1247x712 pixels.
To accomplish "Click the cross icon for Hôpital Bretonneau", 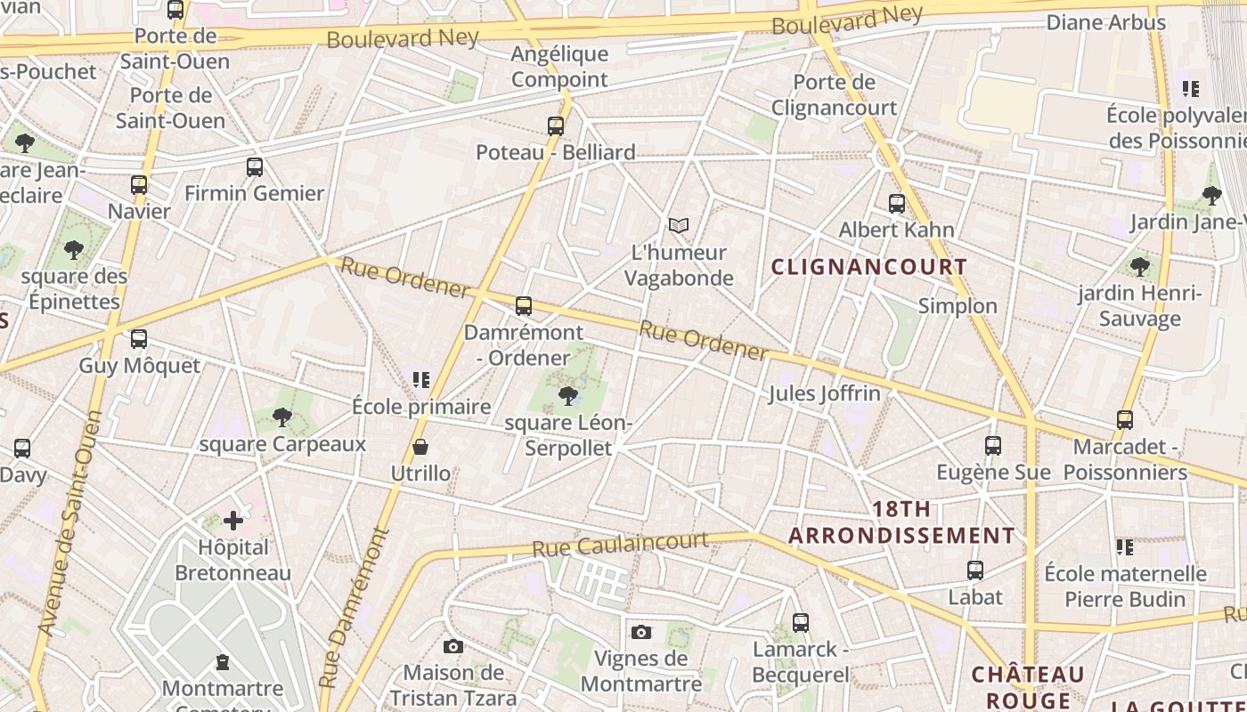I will point(233,520).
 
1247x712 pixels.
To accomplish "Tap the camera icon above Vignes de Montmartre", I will point(640,632).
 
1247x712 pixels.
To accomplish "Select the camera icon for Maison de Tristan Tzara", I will point(453,646).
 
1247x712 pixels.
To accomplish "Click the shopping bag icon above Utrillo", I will point(420,446).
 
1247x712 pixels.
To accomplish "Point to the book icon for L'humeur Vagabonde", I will point(679,226).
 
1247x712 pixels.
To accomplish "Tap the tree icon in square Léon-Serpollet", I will point(567,395).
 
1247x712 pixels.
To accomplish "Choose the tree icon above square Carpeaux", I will point(282,416).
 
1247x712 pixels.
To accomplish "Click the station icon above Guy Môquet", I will point(139,339).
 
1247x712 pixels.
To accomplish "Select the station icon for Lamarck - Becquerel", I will point(801,623).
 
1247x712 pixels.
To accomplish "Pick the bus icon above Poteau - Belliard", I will point(556,126).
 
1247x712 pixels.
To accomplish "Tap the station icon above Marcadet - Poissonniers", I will point(1125,419).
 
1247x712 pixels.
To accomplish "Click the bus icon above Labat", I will point(975,570).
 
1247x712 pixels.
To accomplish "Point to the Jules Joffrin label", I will point(824,393).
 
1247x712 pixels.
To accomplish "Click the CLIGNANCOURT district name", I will point(868,267).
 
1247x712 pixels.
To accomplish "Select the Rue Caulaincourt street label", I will point(620,545).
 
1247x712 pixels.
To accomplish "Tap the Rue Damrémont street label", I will point(355,608).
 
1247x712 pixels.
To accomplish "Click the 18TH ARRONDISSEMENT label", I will point(901,522).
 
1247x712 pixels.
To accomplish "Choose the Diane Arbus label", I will point(1105,22).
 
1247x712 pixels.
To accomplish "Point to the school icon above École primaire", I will point(421,380).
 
